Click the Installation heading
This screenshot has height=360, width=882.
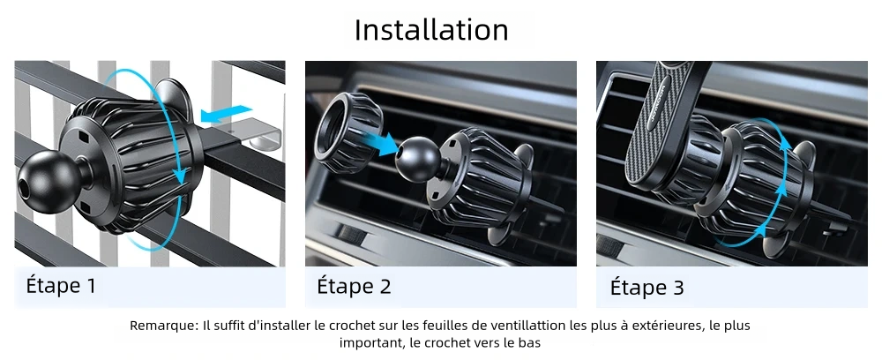431,30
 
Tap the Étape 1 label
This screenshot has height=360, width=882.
61,286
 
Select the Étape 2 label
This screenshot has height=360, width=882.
354,286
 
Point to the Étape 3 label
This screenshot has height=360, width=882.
647,287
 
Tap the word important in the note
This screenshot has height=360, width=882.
367,343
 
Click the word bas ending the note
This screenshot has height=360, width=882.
531,343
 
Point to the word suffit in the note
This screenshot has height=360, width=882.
225,326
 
